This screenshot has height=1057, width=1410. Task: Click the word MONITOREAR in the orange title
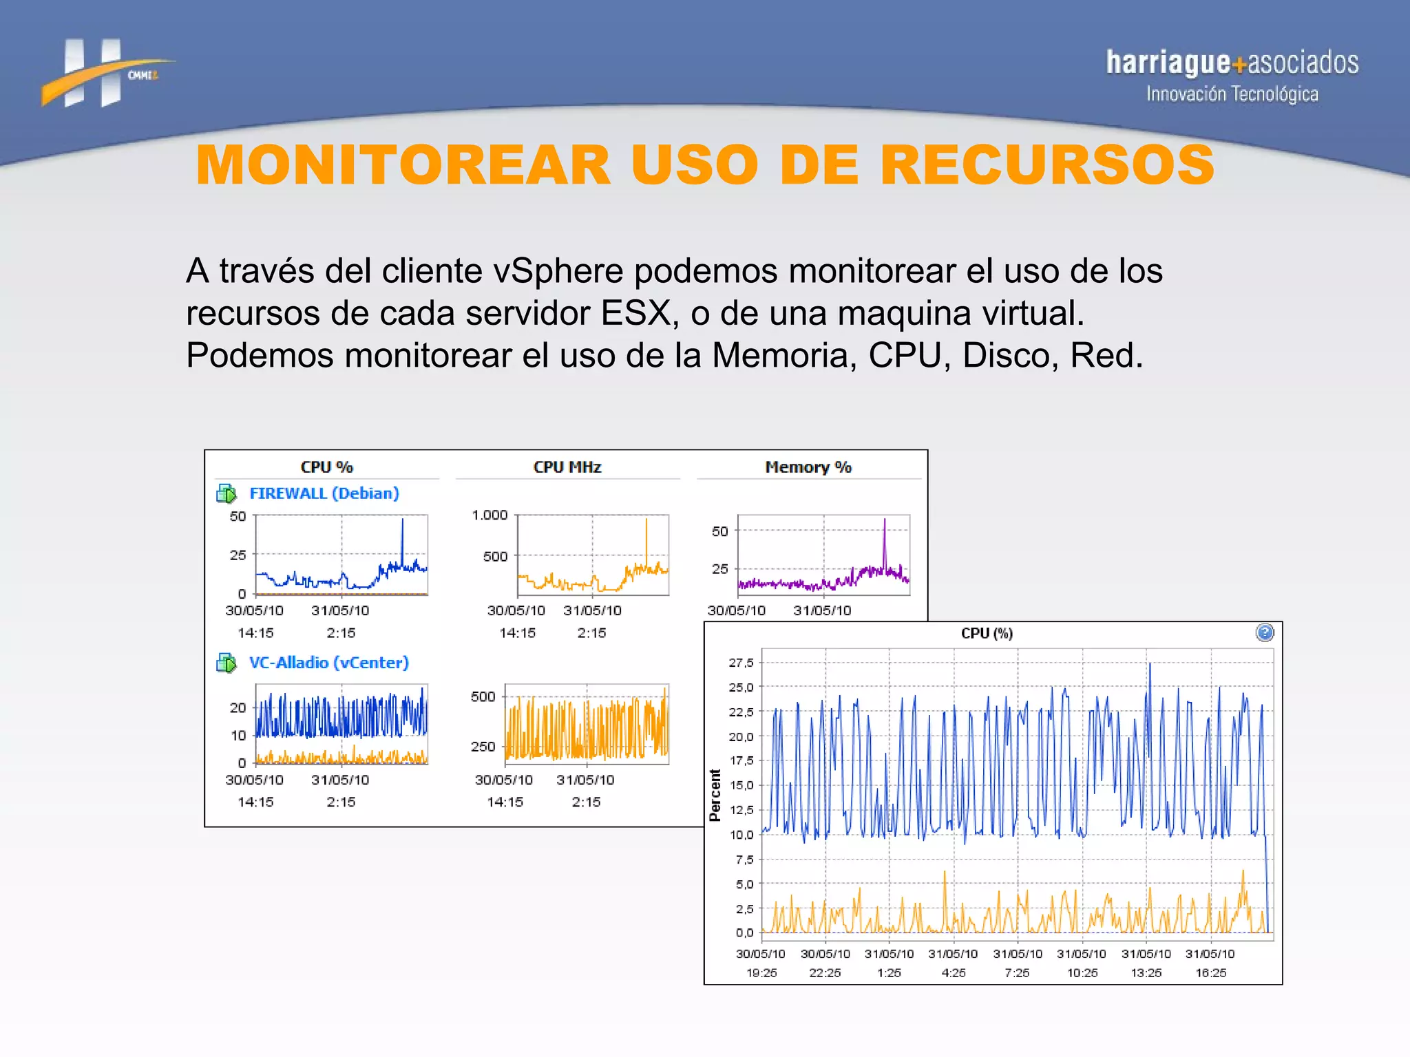pyautogui.click(x=403, y=166)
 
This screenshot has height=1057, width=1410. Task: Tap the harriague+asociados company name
pyautogui.click(x=1232, y=63)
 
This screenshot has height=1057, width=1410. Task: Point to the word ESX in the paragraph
pyautogui.click(x=635, y=313)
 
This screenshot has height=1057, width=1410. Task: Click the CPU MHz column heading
pyautogui.click(x=567, y=467)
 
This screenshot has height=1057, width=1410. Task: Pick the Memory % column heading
pyautogui.click(x=808, y=467)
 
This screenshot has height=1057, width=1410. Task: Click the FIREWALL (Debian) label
pyautogui.click(x=324, y=493)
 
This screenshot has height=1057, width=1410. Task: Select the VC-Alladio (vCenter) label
pyautogui.click(x=328, y=663)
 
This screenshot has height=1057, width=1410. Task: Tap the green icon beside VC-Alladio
pyautogui.click(x=227, y=663)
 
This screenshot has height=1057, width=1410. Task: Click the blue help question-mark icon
pyautogui.click(x=1264, y=633)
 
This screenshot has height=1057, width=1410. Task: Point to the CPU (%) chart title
pyautogui.click(x=986, y=634)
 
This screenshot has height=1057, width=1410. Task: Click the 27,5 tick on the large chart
pyautogui.click(x=741, y=663)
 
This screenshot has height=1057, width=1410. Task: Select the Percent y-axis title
pyautogui.click(x=715, y=796)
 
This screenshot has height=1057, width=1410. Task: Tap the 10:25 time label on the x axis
pyautogui.click(x=1082, y=973)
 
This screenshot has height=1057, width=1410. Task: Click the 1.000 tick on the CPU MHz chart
pyautogui.click(x=489, y=515)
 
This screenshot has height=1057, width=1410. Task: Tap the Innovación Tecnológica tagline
pyautogui.click(x=1232, y=94)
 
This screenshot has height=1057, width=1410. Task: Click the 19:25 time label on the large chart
pyautogui.click(x=761, y=973)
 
